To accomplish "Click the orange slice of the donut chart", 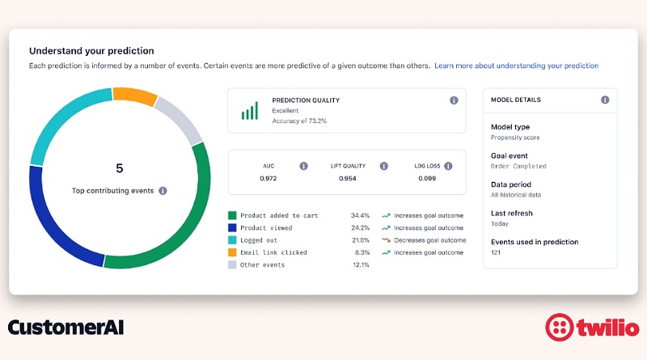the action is [x=135, y=96].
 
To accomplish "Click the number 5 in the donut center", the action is [x=120, y=168].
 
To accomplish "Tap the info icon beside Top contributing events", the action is [x=163, y=191].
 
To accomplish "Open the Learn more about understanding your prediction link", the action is [x=516, y=66].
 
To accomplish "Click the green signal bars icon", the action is [x=250, y=111].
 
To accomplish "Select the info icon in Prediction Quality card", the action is [x=454, y=100].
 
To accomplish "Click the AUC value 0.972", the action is [x=269, y=178].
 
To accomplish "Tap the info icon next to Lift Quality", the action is [x=383, y=166].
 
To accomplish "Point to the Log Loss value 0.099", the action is [x=427, y=178].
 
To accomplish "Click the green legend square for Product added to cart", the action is [x=232, y=215].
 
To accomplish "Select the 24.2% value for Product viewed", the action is [x=360, y=228].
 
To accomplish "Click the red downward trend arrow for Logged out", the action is [x=387, y=239].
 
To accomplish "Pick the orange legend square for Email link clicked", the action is [x=232, y=252].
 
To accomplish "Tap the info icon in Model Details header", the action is [x=605, y=100].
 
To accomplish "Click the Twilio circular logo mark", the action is [x=559, y=328].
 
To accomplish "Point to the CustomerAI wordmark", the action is [x=66, y=328].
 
